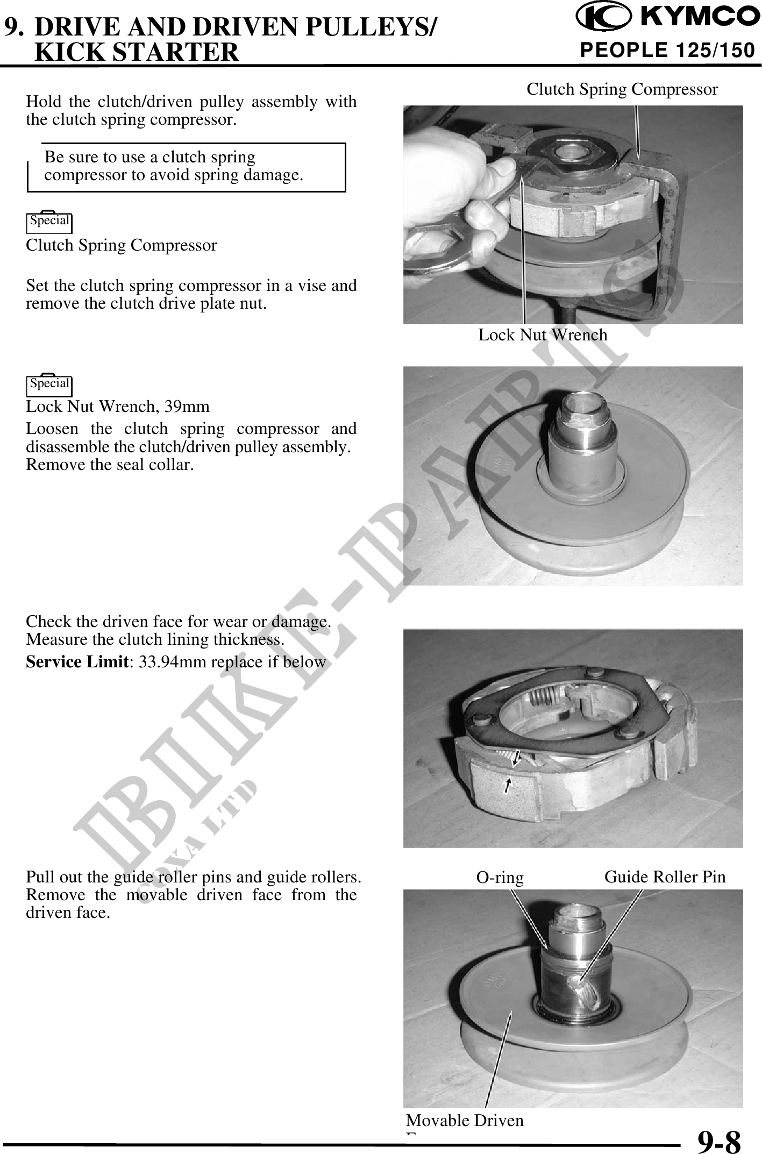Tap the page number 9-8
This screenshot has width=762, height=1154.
click(x=719, y=1141)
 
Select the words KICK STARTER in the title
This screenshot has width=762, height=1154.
click(x=137, y=52)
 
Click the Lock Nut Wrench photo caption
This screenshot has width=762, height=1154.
click(x=543, y=335)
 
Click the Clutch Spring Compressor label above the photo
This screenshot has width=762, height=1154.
click(x=622, y=89)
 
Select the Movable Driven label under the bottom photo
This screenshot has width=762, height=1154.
click(x=465, y=1120)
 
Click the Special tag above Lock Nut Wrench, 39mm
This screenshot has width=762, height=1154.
click(x=49, y=384)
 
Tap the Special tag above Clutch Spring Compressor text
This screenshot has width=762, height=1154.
click(x=49, y=221)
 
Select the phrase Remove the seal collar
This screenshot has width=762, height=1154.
click(x=110, y=464)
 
